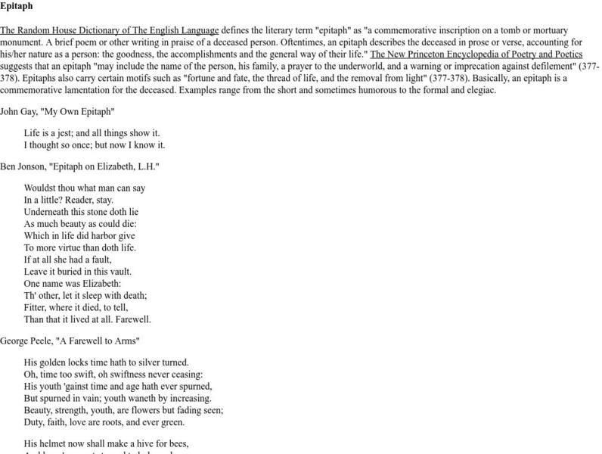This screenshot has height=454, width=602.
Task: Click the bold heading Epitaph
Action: (x=16, y=7)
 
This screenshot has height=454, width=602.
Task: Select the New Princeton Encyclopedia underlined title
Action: (x=476, y=54)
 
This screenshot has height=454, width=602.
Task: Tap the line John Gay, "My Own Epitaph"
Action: (x=57, y=111)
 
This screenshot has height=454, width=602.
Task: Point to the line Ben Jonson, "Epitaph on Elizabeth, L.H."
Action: (x=79, y=166)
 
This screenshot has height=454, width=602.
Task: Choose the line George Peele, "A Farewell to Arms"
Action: (x=70, y=341)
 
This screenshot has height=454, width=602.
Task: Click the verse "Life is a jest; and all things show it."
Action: (x=92, y=132)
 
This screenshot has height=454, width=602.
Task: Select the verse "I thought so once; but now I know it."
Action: (x=94, y=145)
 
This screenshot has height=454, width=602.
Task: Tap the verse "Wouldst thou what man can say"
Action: (x=85, y=188)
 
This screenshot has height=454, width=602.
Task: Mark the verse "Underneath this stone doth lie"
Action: (x=81, y=212)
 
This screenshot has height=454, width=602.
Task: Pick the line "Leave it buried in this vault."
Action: (x=77, y=272)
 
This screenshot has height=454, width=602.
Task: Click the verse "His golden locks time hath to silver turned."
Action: (x=106, y=362)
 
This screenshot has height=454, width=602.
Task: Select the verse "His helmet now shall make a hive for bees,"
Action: (x=106, y=443)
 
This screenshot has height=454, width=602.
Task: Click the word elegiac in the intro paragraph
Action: (x=479, y=90)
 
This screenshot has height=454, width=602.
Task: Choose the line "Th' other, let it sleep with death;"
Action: (x=85, y=295)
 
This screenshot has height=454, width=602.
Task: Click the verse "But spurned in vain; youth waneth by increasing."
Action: (x=117, y=398)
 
